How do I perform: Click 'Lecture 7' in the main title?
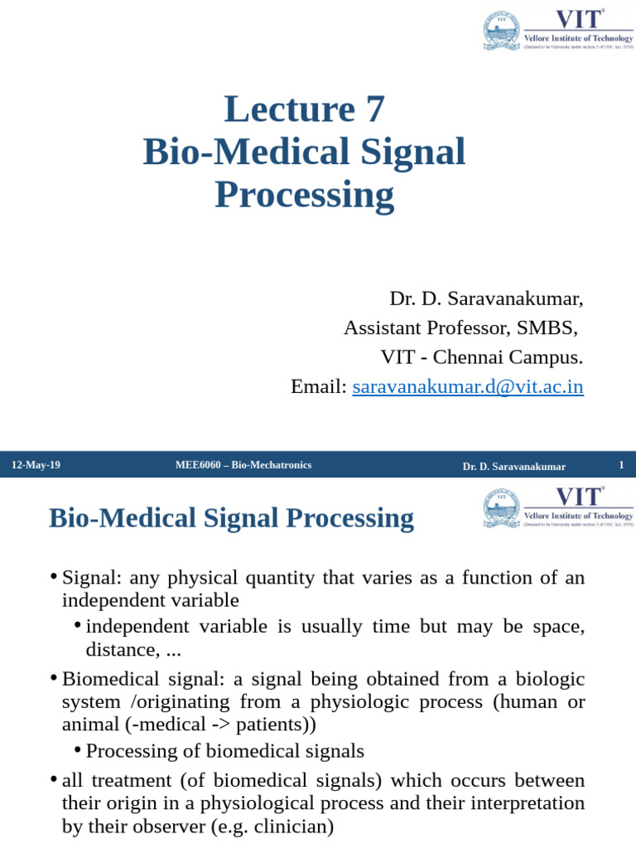click(x=304, y=110)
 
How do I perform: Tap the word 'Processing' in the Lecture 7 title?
click(x=304, y=196)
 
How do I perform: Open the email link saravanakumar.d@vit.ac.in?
click(x=468, y=386)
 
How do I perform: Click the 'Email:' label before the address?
click(x=318, y=386)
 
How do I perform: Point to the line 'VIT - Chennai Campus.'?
click(x=481, y=357)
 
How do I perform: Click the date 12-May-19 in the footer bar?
click(x=36, y=465)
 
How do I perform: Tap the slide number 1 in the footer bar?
click(x=621, y=465)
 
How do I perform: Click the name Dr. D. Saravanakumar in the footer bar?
click(x=513, y=467)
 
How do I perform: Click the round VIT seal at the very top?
click(x=502, y=31)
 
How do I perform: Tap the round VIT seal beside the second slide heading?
click(x=502, y=508)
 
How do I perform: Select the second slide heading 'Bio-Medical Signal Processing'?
click(x=231, y=518)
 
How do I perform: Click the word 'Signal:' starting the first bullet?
click(x=92, y=578)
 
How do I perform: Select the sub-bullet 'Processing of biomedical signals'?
click(x=224, y=751)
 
